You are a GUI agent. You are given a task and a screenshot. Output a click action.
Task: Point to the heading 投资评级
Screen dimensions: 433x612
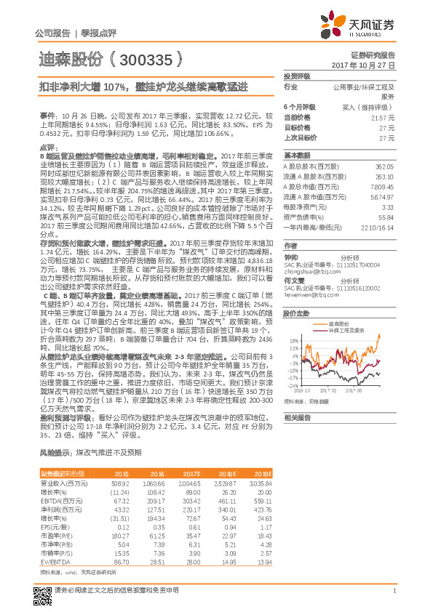pyautogui.click(x=296, y=76)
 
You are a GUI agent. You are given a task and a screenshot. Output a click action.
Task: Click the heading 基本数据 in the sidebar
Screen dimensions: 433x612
pyautogui.click(x=296, y=156)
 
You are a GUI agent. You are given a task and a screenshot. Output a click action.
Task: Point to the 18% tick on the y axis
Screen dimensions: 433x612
pyautogui.click(x=293, y=319)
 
